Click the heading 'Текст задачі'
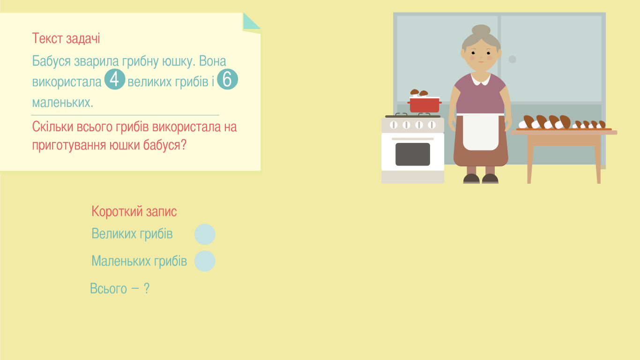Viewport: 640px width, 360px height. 66,38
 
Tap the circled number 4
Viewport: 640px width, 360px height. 115,79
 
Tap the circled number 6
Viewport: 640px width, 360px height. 227,79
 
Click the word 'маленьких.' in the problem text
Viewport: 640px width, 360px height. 63,103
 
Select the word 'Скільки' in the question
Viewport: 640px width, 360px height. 52,127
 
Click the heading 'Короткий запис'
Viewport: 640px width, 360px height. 134,211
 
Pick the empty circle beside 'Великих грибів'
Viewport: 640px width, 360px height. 205,234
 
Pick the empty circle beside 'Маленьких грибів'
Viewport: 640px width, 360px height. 205,261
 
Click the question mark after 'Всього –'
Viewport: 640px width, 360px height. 147,288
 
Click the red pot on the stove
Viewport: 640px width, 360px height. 424,105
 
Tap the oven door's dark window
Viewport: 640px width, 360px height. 413,154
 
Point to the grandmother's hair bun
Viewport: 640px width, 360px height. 481,30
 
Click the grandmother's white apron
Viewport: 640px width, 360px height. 481,132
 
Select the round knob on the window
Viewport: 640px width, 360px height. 513,60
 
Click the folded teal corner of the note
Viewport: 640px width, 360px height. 251,22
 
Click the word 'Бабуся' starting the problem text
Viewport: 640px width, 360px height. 51,61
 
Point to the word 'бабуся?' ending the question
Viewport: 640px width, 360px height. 164,145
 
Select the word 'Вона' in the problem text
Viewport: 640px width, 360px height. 213,61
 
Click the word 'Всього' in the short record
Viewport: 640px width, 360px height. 108,288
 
